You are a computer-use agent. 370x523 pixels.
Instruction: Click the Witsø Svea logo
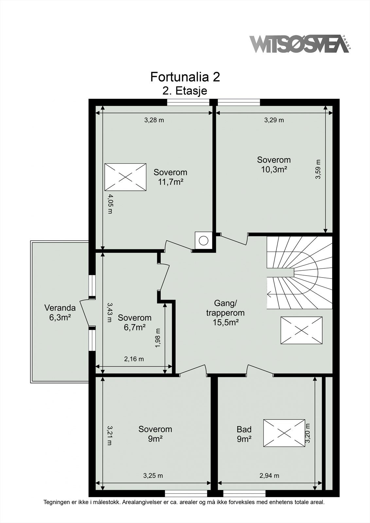point(300,44)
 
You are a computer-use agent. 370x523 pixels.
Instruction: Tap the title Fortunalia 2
point(185,77)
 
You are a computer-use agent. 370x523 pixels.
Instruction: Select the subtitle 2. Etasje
point(185,91)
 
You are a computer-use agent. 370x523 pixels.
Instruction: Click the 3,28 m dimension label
point(154,120)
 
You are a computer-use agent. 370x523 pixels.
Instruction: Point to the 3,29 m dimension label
point(274,120)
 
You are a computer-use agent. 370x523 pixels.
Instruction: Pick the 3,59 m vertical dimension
point(318,169)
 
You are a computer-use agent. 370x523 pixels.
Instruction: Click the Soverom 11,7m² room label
point(170,177)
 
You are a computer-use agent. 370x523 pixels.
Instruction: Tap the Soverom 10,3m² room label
point(274,164)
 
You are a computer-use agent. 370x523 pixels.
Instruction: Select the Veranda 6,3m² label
point(60,312)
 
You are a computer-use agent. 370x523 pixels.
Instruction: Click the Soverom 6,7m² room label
point(135,322)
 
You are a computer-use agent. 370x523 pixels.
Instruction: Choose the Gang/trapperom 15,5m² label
point(225,313)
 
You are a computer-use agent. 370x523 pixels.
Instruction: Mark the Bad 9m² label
point(244,434)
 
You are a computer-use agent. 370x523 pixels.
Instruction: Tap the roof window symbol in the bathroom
point(284,433)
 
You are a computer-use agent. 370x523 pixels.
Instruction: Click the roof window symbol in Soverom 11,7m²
point(126,177)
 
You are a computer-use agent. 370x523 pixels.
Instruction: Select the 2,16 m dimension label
point(134,359)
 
